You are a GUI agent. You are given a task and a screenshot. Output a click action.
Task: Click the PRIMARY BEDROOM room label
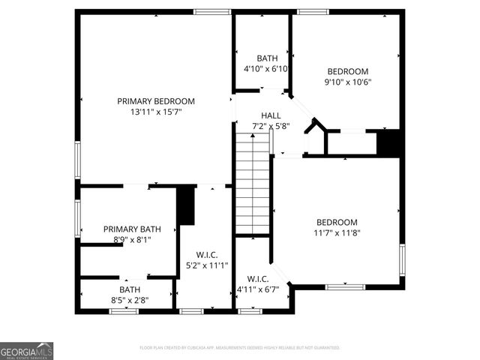[156, 101]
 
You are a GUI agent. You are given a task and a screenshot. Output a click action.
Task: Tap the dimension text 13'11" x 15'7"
[156, 112]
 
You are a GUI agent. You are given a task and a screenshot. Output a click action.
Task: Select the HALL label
[271, 115]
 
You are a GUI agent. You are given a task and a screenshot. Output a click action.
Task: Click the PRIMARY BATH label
[132, 229]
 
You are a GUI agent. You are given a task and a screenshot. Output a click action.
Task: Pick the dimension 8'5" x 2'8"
[129, 300]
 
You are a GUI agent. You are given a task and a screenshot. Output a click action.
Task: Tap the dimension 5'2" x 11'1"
[207, 265]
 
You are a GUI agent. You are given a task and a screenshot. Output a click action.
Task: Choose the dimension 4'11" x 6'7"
[258, 289]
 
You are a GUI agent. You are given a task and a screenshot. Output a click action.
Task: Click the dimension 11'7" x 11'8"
[337, 232]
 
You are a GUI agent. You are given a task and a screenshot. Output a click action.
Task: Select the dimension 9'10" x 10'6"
[348, 82]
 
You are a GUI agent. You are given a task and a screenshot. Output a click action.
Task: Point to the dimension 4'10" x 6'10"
[267, 69]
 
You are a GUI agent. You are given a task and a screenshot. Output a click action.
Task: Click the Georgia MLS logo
[27, 351]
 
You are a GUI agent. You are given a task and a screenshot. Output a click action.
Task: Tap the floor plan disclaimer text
[240, 348]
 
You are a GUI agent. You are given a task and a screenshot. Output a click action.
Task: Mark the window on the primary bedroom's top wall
[212, 11]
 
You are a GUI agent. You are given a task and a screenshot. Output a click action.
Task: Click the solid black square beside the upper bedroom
[388, 142]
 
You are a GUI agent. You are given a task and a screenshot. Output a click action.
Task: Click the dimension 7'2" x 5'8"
[271, 126]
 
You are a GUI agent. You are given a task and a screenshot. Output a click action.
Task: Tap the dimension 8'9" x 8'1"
[132, 240]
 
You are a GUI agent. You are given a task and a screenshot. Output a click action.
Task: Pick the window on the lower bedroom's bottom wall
[346, 286]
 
